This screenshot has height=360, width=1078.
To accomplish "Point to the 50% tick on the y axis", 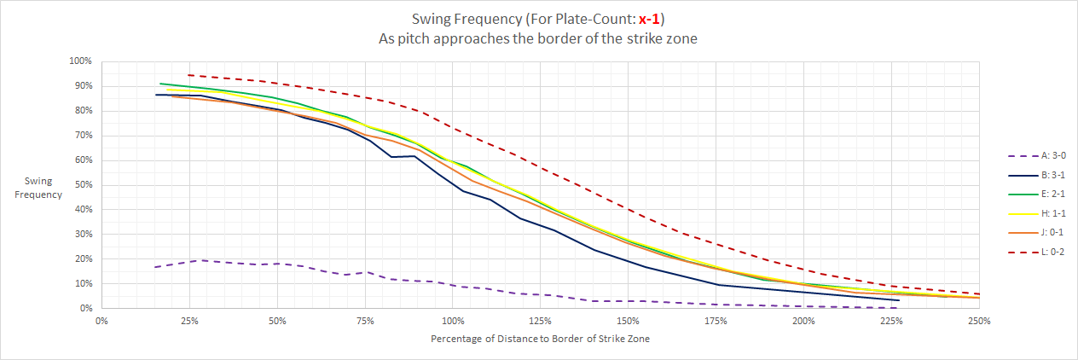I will pyautogui.click(x=82, y=185).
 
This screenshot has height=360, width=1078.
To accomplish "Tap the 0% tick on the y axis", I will pyautogui.click(x=84, y=309).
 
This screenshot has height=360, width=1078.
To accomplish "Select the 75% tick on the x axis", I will pyautogui.click(x=364, y=322).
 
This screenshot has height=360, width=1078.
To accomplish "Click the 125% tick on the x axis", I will pyautogui.click(x=540, y=322).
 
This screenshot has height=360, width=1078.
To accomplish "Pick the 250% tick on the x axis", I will pyautogui.click(x=979, y=322).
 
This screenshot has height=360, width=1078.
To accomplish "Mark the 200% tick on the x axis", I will pyautogui.click(x=803, y=322).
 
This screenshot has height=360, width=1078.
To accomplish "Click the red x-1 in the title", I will pyautogui.click(x=652, y=19).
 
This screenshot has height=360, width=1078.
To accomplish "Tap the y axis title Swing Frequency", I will pyautogui.click(x=43, y=188).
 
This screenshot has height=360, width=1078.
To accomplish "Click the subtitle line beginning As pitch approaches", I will pyautogui.click(x=538, y=38).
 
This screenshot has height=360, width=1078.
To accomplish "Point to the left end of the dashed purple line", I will pyautogui.click(x=154, y=267).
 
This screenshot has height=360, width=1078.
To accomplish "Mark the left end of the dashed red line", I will pyautogui.click(x=188, y=75).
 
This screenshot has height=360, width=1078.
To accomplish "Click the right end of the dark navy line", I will pyautogui.click(x=900, y=300).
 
